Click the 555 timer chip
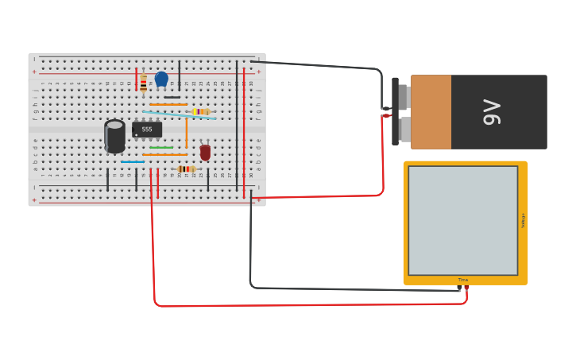point(147,130)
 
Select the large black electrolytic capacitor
point(114,137)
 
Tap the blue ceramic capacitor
point(161,79)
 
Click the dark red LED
point(205,152)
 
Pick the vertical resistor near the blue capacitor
point(143,83)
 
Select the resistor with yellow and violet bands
point(201,112)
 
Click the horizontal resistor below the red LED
point(187,168)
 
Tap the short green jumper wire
point(161,147)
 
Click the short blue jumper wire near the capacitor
point(133,162)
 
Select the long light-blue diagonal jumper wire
point(180,115)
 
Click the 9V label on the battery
point(492,112)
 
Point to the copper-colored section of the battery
point(431,112)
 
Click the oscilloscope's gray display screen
point(462,220)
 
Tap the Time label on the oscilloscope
point(462,280)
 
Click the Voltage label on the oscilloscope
point(523,220)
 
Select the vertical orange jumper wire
point(187,132)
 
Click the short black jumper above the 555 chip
point(172,97)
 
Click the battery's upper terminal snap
point(403,97)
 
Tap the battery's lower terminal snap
point(403,129)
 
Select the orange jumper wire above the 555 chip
point(168,104)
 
